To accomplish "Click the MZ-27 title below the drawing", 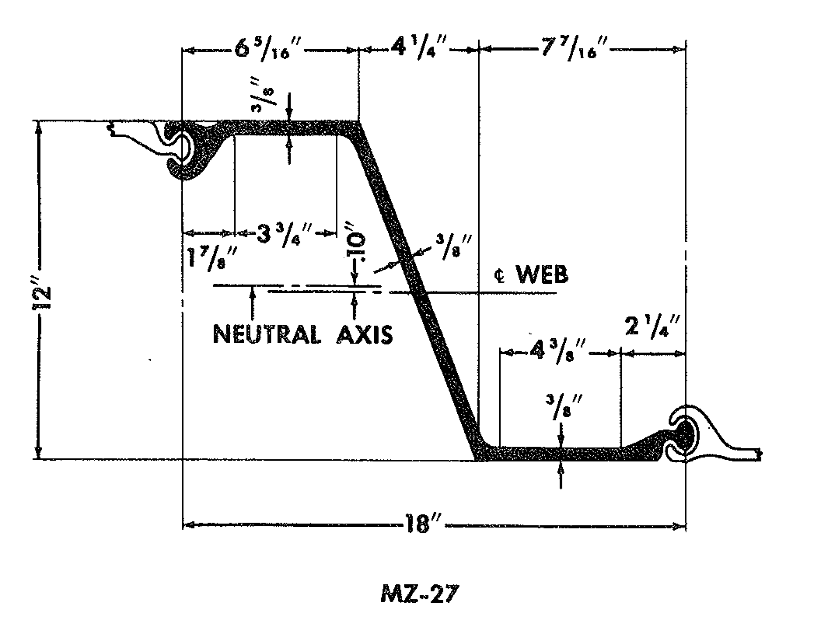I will click(x=419, y=594).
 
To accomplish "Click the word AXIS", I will click(x=365, y=335).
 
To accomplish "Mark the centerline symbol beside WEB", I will click(x=500, y=277).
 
